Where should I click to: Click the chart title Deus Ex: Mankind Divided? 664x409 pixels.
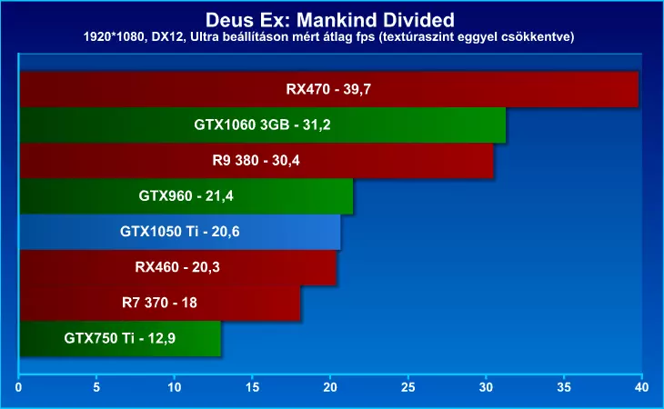331,19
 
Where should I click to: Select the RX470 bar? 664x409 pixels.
328,89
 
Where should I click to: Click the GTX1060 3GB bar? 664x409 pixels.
262,125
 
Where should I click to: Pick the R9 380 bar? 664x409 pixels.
256,160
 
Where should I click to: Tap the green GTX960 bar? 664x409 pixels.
186,195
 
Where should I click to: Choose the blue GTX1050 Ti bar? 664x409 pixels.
179,231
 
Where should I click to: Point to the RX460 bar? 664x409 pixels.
177,267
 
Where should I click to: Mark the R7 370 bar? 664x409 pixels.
159,303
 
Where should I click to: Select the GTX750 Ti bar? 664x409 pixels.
119,338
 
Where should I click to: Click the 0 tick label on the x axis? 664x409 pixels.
19,387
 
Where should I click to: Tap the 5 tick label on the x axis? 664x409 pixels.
96,387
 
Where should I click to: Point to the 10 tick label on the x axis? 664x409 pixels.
174,387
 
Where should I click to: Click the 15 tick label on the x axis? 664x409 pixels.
252,387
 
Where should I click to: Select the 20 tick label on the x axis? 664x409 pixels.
330,387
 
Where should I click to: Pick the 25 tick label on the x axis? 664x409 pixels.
407,387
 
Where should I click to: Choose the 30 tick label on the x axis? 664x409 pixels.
486,387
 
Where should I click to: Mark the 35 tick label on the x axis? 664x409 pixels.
563,387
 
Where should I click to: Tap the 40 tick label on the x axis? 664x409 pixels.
641,387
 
